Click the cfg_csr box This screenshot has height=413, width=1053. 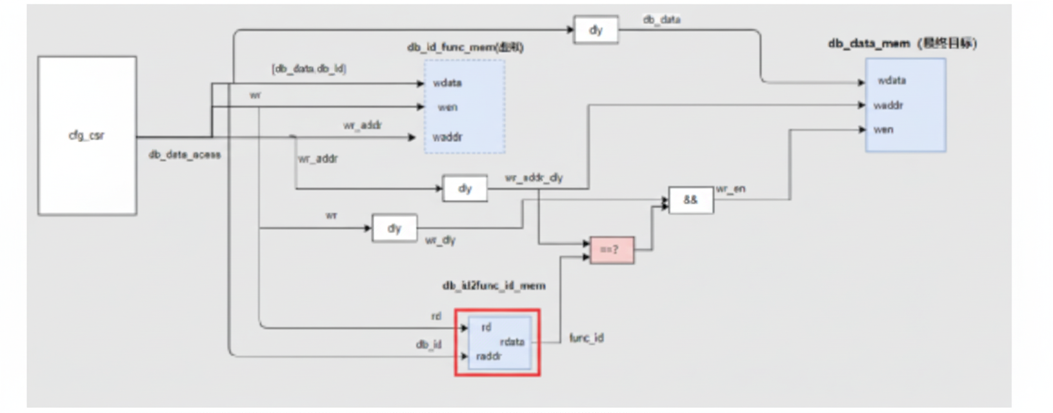pos(87,136)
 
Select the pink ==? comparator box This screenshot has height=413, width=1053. pos(612,250)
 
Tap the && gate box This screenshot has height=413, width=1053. pos(690,200)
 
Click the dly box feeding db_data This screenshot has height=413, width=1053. pos(596,30)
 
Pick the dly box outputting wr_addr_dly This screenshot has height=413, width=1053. pos(465,188)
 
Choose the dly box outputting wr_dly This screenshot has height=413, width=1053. pos(394,228)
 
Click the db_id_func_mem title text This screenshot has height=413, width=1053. pos(465,47)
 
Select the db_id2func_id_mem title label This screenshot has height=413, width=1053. pos(494,285)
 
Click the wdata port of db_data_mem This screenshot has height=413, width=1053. pos(892,81)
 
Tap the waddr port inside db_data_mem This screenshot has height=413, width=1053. pos(888,105)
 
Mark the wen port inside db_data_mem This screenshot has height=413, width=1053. pos(883,130)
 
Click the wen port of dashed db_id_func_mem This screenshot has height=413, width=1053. pos(447,107)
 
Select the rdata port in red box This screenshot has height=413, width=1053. pos(512,342)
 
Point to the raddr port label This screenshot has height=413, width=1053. pos(488,356)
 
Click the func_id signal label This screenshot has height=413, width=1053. pos(586,338)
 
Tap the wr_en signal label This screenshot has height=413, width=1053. pos(730,189)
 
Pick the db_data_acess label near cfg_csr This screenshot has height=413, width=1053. pos(185,155)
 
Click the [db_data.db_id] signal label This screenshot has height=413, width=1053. pos(308,68)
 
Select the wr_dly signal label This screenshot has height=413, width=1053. pos(440,240)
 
